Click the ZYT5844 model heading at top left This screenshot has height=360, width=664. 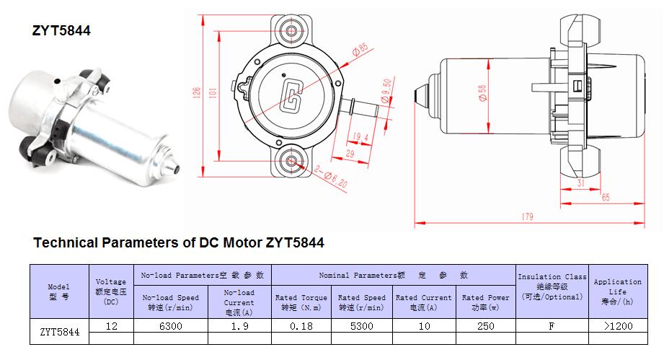(x=61, y=30)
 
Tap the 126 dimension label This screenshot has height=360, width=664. (x=197, y=93)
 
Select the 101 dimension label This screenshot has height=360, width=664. (x=213, y=93)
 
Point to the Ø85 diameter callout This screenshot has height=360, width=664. (x=360, y=50)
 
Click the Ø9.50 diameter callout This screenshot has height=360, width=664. (x=386, y=90)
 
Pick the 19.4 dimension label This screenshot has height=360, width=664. (x=360, y=137)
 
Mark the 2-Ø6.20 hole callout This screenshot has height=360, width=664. (x=331, y=177)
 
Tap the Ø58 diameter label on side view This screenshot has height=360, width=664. (x=482, y=93)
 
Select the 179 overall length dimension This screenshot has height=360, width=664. (x=527, y=217)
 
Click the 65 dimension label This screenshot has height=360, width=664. (x=606, y=198)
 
